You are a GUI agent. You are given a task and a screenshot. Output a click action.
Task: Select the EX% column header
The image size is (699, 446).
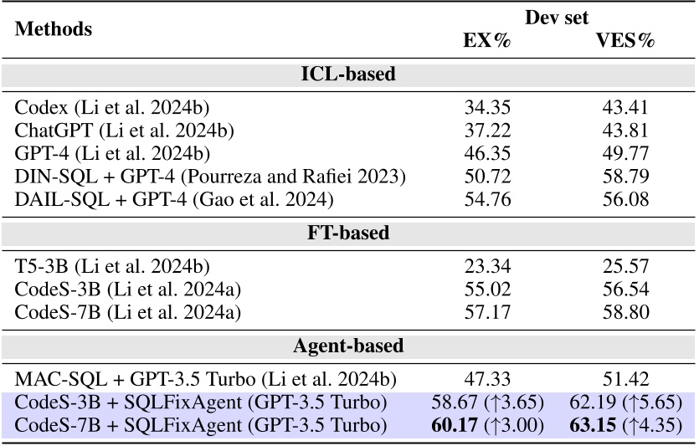click(486, 41)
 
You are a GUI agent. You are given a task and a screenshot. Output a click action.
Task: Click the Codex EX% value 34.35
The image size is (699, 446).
click(487, 107)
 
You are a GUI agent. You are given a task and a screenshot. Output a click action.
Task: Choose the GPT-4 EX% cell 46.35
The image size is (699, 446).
click(487, 154)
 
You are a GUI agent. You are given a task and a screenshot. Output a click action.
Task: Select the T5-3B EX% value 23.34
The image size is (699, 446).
click(487, 266)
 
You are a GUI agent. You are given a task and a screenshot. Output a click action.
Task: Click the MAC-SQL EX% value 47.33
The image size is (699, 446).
click(487, 378)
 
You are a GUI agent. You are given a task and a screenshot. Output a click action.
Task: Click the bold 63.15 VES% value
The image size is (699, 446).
click(596, 425)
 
